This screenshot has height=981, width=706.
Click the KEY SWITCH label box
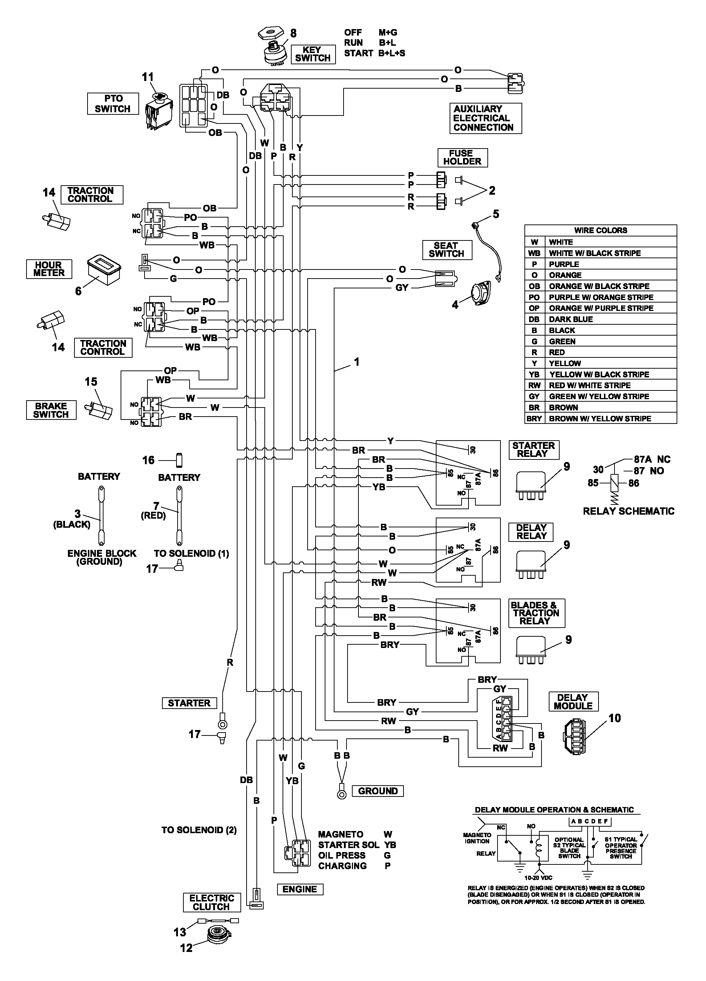click(313, 54)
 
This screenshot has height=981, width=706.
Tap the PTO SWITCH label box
click(113, 104)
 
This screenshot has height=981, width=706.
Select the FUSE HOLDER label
click(462, 157)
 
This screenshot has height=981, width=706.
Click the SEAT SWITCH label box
click(446, 250)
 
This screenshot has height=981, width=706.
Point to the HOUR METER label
click(49, 269)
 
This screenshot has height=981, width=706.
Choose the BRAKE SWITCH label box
click(51, 410)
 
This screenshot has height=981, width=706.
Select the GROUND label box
click(378, 791)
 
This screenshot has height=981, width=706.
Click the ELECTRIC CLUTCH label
click(211, 902)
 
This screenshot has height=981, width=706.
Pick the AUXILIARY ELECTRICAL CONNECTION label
click(485, 118)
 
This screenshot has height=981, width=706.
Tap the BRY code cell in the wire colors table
click(534, 418)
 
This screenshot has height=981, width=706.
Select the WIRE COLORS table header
click(600, 230)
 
